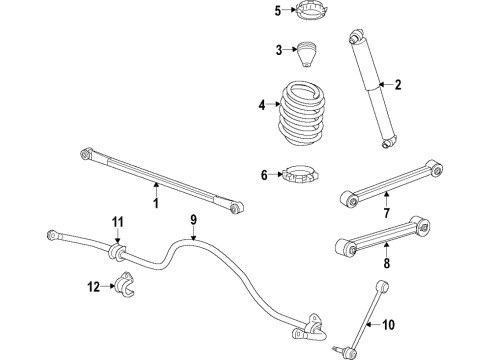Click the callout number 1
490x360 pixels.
[156, 203]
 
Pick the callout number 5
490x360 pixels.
[251, 11]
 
